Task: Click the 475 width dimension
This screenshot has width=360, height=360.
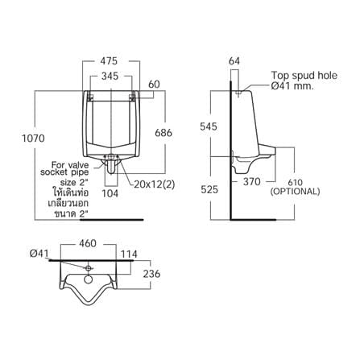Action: [109, 61]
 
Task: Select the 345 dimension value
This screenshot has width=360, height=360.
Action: [110, 77]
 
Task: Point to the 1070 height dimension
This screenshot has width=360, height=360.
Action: [33, 139]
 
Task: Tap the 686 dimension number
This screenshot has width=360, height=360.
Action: [163, 133]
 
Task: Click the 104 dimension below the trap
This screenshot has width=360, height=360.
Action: [110, 193]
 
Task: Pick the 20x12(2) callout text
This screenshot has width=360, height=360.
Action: [155, 184]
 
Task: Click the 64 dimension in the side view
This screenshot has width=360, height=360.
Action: [234, 61]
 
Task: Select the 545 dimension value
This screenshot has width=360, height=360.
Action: [209, 126]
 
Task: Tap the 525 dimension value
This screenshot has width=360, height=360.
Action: [209, 189]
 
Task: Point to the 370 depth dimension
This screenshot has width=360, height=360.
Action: [252, 182]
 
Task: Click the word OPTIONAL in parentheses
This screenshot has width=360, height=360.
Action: [295, 192]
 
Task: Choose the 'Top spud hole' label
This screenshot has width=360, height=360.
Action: [304, 76]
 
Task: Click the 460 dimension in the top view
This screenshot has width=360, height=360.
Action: [88, 243]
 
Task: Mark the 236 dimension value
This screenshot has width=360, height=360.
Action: [151, 274]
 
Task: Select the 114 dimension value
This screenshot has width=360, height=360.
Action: [129, 254]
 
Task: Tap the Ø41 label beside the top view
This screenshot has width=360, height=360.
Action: [39, 254]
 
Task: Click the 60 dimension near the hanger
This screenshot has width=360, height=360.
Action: [154, 85]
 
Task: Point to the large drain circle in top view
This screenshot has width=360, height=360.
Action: [89, 279]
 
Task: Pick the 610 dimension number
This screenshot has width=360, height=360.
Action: [295, 183]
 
